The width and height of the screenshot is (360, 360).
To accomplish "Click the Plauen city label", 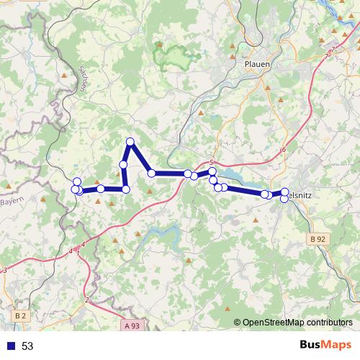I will tap(257, 64).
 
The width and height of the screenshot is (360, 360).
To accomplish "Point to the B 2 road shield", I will tap(19, 315).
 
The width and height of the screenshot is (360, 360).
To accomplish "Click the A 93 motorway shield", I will tap(131, 325).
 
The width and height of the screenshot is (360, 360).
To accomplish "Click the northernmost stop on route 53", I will tap(130, 141).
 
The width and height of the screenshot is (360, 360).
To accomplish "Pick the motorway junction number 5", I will tap(212, 162).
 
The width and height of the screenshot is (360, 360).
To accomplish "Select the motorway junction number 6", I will tap(284, 150).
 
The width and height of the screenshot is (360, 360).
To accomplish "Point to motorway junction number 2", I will tap(86, 300).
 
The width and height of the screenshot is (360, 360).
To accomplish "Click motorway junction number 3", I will tap(5, 271).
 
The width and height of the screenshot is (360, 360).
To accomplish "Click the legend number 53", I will tap(27, 346).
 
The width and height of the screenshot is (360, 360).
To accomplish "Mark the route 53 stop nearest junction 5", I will tap(212, 171).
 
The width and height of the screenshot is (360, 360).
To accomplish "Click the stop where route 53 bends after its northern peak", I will tap(151, 173).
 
